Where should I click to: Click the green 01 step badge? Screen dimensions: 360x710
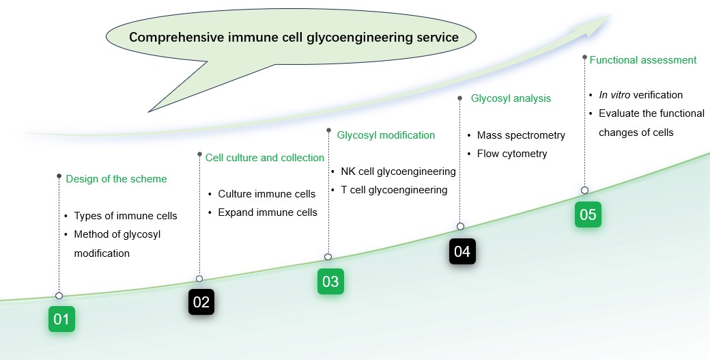61,319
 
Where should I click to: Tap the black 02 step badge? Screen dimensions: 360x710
201,302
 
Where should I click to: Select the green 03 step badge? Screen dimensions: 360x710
330,281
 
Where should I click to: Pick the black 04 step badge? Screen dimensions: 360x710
462,251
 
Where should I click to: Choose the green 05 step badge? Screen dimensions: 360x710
588,214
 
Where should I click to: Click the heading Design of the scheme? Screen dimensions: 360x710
116,179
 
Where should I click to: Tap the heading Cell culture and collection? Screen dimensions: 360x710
265,158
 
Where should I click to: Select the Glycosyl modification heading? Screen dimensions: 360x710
386,135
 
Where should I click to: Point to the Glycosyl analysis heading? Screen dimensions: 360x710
511,98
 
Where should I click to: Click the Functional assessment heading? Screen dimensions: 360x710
643,60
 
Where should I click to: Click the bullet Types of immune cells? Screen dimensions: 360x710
126,216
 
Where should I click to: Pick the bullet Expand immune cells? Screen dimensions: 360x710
268,212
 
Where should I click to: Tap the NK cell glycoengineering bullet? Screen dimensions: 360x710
398,171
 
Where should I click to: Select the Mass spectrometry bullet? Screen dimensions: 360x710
521,135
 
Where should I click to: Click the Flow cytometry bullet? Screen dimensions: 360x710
512,154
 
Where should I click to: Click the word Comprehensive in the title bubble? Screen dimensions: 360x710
172,38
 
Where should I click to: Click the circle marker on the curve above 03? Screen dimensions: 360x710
328,257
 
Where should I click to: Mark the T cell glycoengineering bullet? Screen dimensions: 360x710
394,190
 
